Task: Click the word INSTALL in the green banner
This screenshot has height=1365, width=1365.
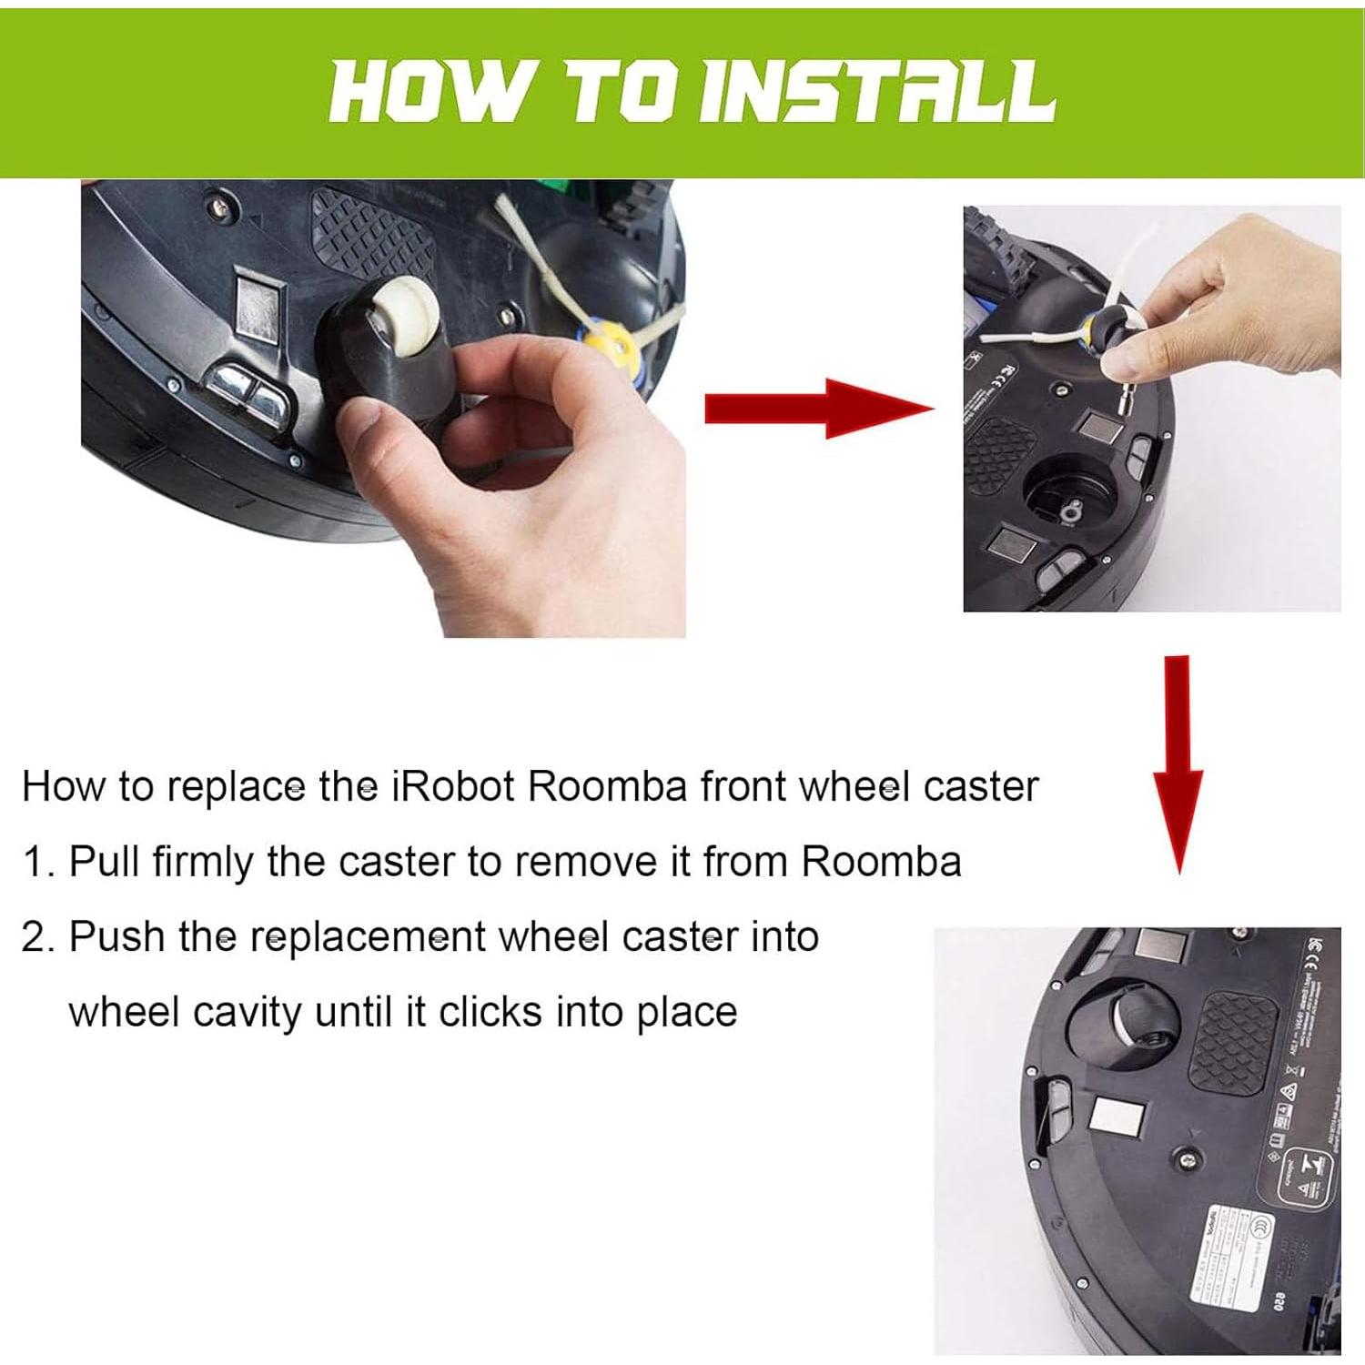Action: point(880,92)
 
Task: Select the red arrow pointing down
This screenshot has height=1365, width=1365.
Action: point(1178,764)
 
